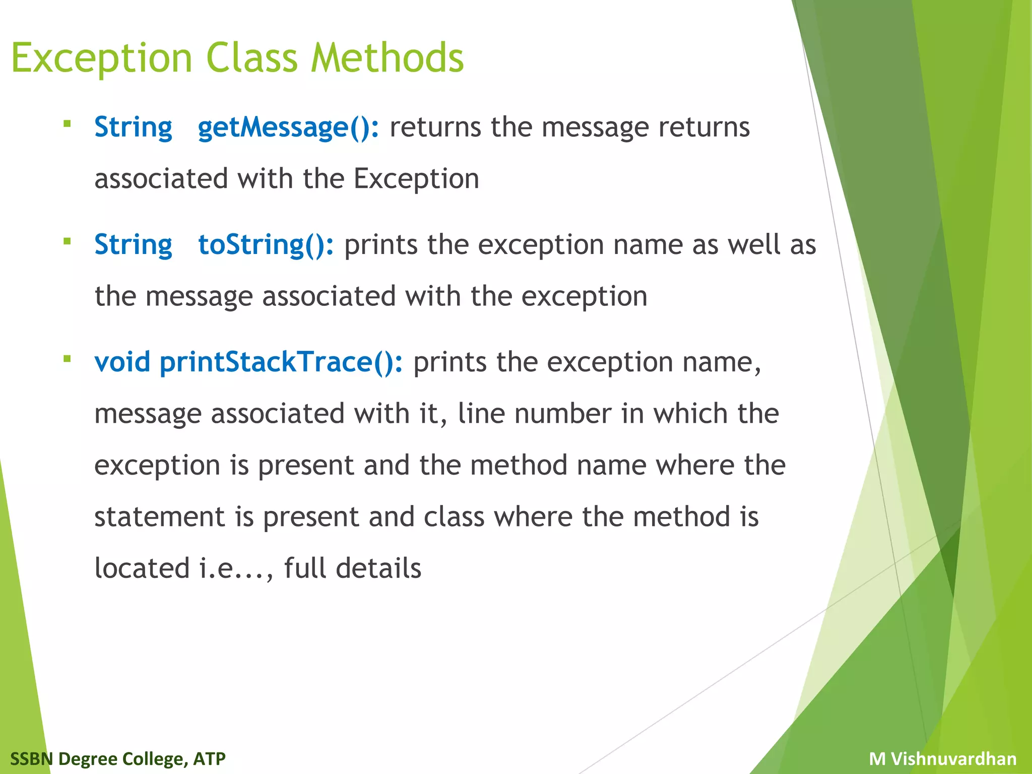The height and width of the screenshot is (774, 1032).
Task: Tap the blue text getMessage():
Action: (288, 127)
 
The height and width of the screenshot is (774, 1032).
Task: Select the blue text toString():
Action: (266, 245)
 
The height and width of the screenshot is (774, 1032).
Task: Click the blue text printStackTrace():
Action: (281, 362)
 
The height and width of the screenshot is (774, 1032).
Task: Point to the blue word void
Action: (122, 362)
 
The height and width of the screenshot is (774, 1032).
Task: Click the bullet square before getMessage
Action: (67, 123)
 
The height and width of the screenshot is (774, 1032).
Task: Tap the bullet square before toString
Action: (67, 241)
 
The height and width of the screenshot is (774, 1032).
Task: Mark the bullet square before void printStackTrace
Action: (67, 359)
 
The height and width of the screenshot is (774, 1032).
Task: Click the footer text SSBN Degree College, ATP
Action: (118, 758)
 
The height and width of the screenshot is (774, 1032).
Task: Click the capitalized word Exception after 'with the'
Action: (416, 179)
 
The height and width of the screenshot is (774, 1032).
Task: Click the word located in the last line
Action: (142, 568)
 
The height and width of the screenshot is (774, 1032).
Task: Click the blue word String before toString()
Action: (133, 245)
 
